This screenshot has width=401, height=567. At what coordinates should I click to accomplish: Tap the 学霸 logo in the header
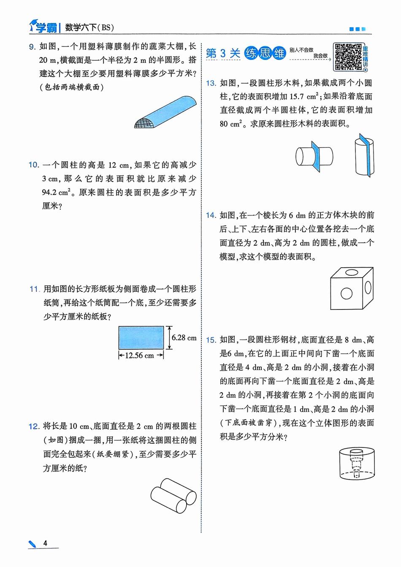pyautogui.click(x=44, y=28)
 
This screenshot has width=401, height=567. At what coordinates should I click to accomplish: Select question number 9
pyautogui.click(x=33, y=47)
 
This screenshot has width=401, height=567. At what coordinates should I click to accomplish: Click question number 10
pyautogui.click(x=34, y=165)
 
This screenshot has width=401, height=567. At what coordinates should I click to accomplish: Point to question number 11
pyautogui.click(x=34, y=290)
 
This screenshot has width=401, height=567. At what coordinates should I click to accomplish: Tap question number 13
pyautogui.click(x=211, y=83)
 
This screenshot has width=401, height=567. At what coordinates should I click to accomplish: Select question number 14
pyautogui.click(x=211, y=215)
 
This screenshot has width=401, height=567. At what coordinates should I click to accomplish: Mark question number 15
pyautogui.click(x=211, y=340)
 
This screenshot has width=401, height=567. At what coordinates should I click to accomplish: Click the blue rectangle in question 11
pyautogui.click(x=141, y=337)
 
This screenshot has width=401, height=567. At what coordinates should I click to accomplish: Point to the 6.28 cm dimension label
pyautogui.click(x=184, y=338)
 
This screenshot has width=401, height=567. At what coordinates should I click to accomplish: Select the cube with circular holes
pyautogui.click(x=351, y=288)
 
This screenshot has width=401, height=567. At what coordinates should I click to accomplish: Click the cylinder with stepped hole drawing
pyautogui.click(x=357, y=464)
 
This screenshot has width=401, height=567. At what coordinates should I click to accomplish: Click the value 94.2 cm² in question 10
pyautogui.click(x=56, y=192)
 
